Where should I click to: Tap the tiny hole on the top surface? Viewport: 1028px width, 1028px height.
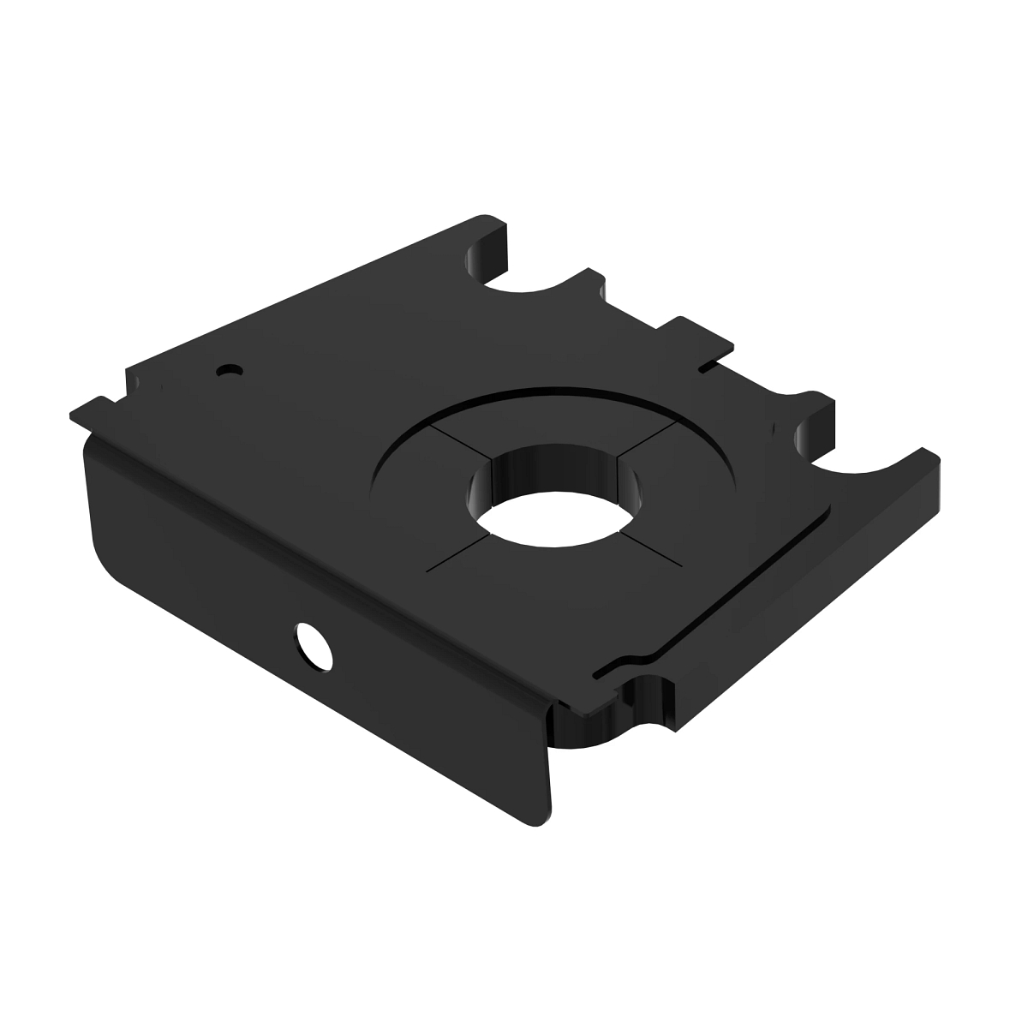tap(230, 370)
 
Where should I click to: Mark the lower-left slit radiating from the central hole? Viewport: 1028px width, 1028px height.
tap(458, 553)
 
